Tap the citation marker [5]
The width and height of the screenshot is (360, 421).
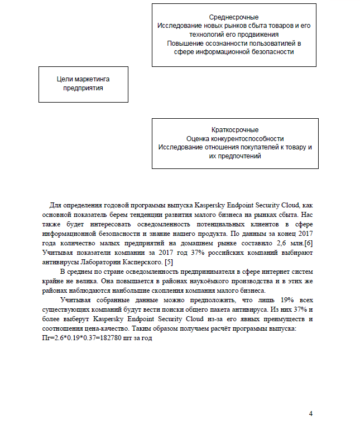coord(168,262)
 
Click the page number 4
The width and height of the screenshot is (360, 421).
coord(311,413)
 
